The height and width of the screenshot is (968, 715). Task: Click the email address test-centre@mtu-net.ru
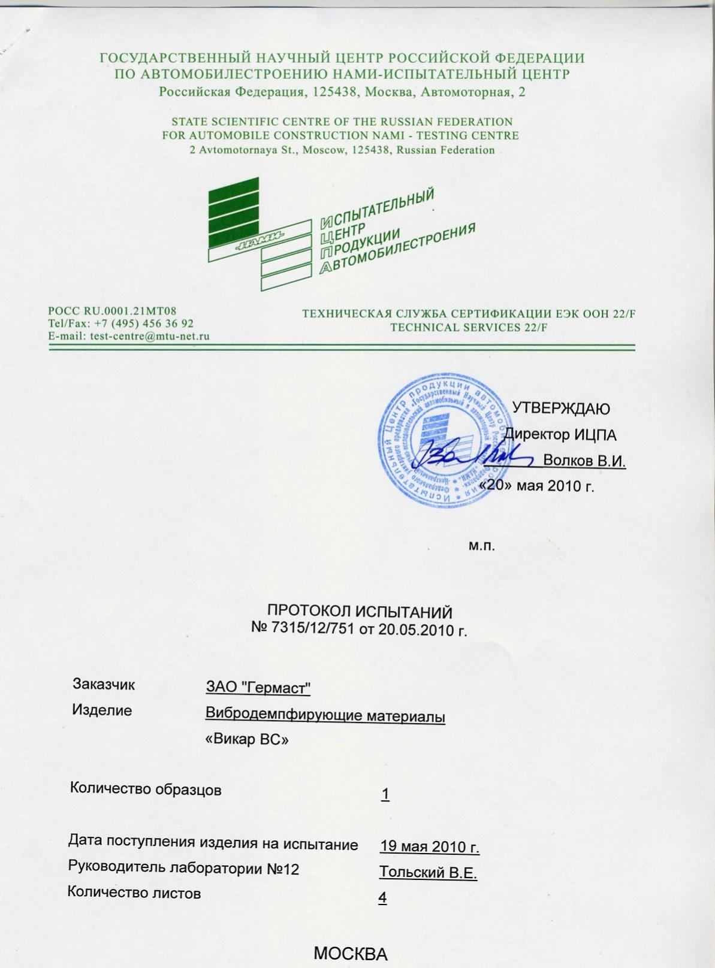[x=149, y=336]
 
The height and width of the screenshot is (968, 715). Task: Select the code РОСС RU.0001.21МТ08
[x=112, y=311]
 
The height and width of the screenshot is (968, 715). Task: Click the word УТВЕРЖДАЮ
[x=561, y=409]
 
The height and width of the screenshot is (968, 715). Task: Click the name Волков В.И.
[x=584, y=461]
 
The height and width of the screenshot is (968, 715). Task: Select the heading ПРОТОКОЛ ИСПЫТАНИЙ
[x=360, y=612]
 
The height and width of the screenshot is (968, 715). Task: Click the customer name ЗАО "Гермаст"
[x=258, y=688]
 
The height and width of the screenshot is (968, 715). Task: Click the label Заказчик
[x=104, y=684]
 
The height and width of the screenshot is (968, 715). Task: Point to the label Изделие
[x=102, y=710]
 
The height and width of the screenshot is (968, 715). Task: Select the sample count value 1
[x=385, y=794]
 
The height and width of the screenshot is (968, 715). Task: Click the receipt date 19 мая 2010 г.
[x=429, y=847]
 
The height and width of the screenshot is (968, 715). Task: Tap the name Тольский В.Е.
[x=428, y=872]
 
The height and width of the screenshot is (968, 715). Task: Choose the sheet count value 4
[x=382, y=898]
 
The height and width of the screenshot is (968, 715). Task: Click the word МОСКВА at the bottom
[x=351, y=954]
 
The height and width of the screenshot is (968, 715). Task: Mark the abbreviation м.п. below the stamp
[x=481, y=546]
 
